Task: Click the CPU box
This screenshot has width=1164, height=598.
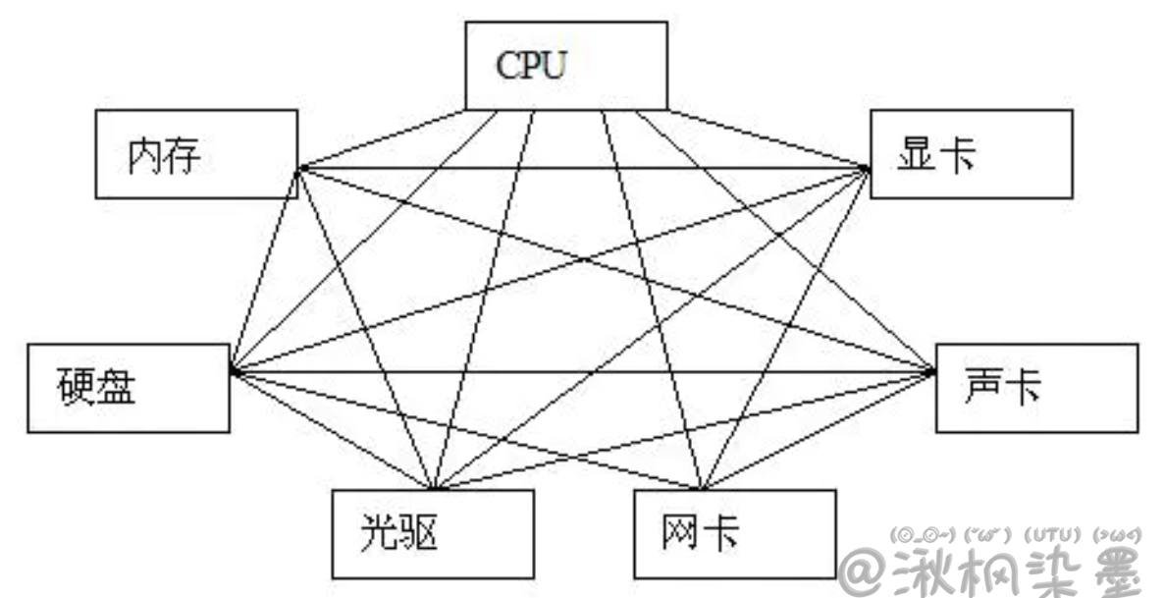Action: click(x=565, y=65)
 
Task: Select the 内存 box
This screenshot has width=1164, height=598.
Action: click(x=196, y=153)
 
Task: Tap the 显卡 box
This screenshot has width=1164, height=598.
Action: click(x=971, y=154)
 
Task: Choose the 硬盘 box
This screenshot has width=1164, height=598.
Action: click(x=129, y=389)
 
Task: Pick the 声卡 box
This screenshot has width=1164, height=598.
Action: click(x=1036, y=388)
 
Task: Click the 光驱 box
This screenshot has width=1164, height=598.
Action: click(x=433, y=534)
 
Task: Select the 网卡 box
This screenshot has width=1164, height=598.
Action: click(x=735, y=534)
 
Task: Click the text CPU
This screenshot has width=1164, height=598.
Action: click(x=532, y=66)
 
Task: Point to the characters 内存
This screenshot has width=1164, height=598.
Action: click(x=163, y=155)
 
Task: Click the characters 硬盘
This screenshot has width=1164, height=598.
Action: click(x=95, y=389)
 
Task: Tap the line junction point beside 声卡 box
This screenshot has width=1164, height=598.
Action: click(x=931, y=371)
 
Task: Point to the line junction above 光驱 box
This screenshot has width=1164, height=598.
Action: click(x=433, y=488)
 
